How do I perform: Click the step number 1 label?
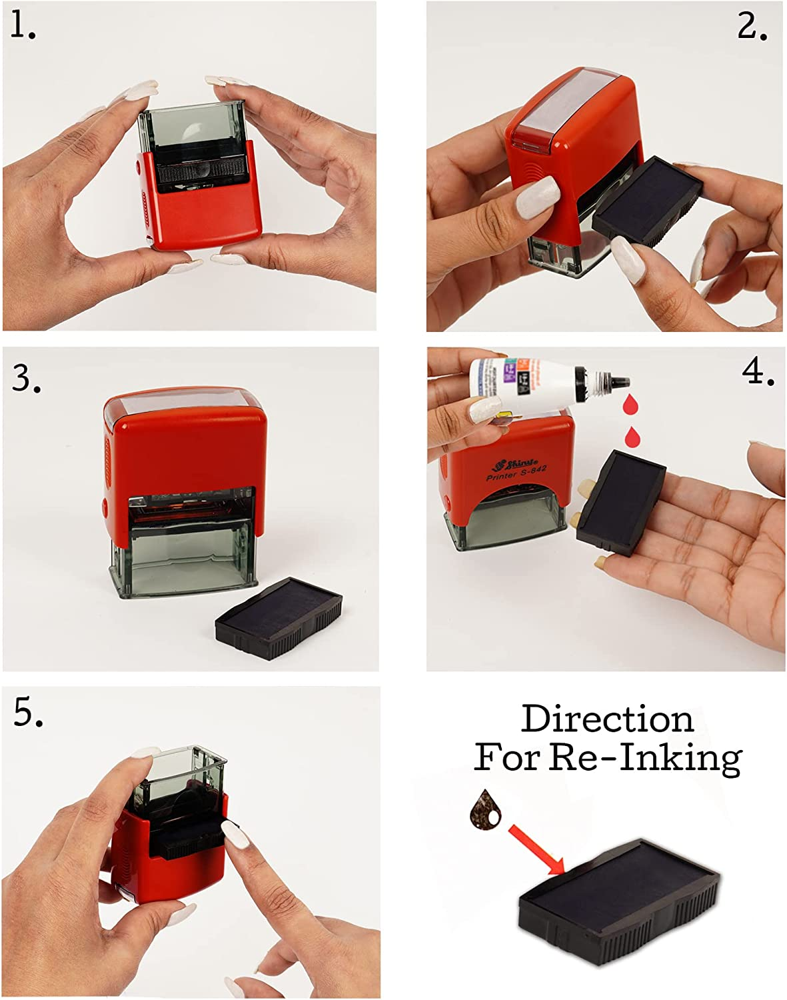click(23, 26)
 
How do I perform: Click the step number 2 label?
click(752, 27)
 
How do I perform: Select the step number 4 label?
click(758, 371)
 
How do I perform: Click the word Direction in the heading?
click(607, 719)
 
